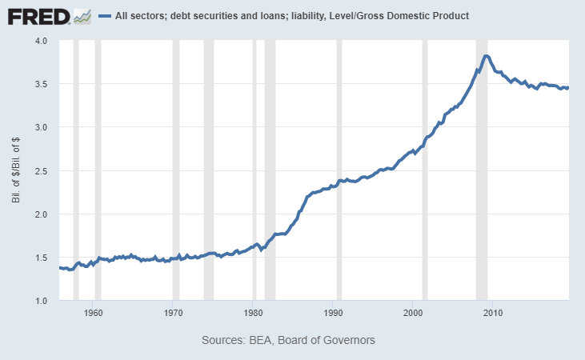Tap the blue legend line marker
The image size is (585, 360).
(103, 16)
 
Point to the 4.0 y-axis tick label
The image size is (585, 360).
(41, 41)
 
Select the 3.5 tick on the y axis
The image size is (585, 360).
(41, 84)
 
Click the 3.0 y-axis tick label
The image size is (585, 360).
(41, 127)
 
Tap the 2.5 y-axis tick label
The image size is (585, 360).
(41, 171)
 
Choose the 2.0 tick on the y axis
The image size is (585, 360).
(41, 214)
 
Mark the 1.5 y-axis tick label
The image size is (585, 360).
(41, 258)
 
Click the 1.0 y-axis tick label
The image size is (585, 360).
(41, 301)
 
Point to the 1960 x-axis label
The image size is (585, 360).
(94, 312)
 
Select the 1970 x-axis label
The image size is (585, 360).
(174, 312)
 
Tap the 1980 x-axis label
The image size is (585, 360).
(253, 312)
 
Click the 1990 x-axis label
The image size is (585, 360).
(333, 312)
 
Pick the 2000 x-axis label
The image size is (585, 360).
(412, 312)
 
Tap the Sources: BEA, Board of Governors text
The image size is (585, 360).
(288, 340)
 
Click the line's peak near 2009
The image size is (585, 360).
(487, 56)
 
